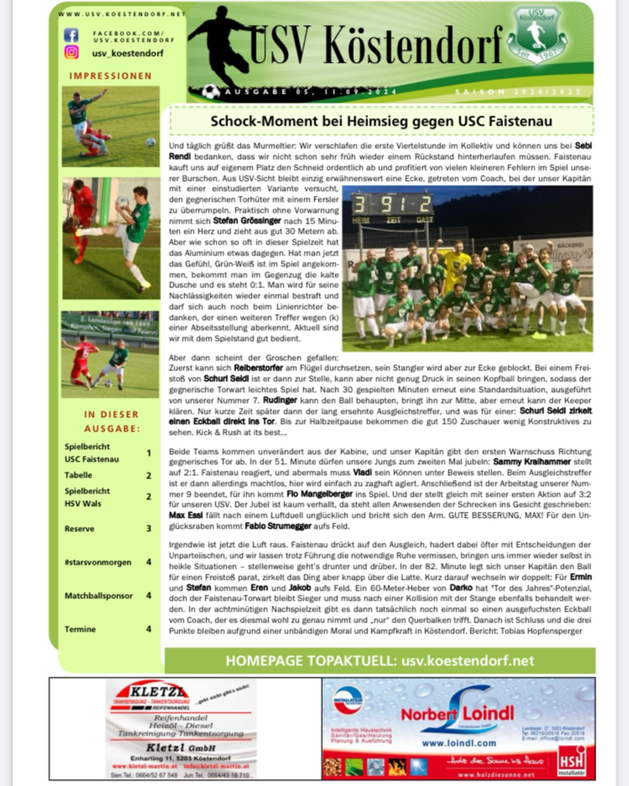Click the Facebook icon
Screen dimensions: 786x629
71,35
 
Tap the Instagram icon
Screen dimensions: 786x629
71,52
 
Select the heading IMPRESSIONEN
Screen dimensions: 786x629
111,76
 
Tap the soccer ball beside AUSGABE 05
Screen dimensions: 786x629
211,91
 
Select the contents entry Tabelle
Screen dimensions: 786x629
78,475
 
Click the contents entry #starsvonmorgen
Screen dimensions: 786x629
98,562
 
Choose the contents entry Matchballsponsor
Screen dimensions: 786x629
98,596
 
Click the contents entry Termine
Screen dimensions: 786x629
80,629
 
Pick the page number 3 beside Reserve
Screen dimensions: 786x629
149,529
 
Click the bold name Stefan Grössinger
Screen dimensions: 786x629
247,221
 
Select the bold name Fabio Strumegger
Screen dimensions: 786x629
278,526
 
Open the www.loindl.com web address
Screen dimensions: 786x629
459,743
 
